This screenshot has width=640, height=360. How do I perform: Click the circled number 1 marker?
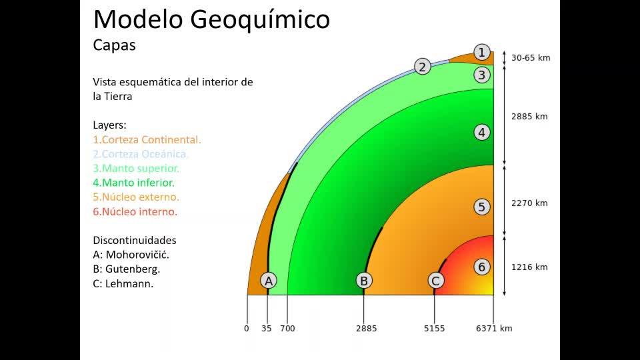pyautogui.click(x=481, y=52)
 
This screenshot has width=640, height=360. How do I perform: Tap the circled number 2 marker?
pyautogui.click(x=423, y=66)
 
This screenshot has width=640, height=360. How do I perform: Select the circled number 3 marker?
pyautogui.click(x=481, y=75)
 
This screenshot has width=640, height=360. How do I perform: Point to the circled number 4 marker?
pyautogui.click(x=481, y=132)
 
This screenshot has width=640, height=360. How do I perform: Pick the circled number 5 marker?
pyautogui.click(x=481, y=207)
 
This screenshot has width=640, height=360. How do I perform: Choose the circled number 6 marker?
pyautogui.click(x=481, y=267)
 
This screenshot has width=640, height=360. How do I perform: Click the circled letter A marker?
pyautogui.click(x=269, y=281)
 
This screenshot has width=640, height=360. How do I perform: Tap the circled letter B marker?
pyautogui.click(x=364, y=281)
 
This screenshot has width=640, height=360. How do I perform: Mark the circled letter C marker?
pyautogui.click(x=436, y=281)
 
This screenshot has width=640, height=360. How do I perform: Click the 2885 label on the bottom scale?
pyautogui.click(x=366, y=329)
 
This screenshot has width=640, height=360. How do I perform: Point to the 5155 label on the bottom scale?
pyautogui.click(x=434, y=329)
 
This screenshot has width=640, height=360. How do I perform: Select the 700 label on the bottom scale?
pyautogui.click(x=287, y=329)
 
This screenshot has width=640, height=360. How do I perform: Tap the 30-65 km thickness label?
pyautogui.click(x=531, y=58)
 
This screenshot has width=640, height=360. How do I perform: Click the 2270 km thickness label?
pyautogui.click(x=529, y=203)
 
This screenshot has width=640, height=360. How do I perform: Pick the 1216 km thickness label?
pyautogui.click(x=529, y=267)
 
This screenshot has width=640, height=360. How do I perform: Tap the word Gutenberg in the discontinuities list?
pyautogui.click(x=133, y=269)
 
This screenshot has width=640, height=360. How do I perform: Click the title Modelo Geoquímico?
pyautogui.click(x=211, y=19)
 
